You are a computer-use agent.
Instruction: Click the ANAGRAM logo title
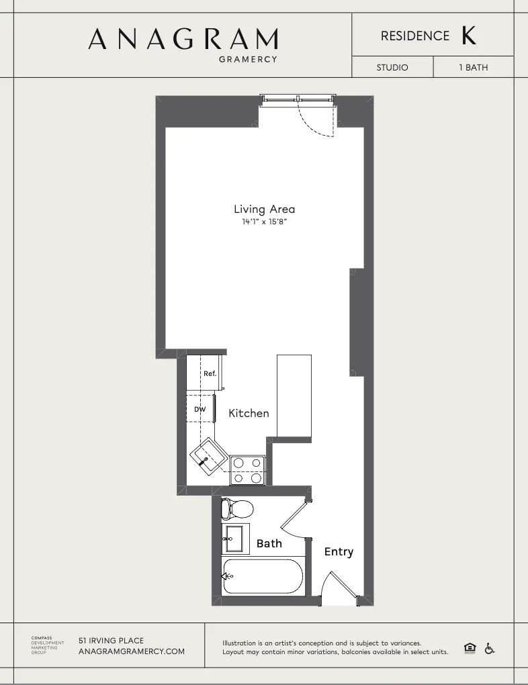pyautogui.click(x=183, y=39)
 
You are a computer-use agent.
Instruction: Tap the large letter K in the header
pyautogui.click(x=468, y=36)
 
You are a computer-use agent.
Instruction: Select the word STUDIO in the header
pyautogui.click(x=392, y=68)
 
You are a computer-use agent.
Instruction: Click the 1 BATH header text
pyautogui.click(x=474, y=68)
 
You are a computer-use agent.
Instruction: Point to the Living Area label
pyautogui.click(x=264, y=209)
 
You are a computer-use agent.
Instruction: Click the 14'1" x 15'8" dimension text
pyautogui.click(x=265, y=222)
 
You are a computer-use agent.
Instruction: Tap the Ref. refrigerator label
pyautogui.click(x=210, y=373)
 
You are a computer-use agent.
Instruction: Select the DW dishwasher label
pyautogui.click(x=200, y=409)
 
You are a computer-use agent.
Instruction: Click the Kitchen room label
pyautogui.click(x=249, y=414)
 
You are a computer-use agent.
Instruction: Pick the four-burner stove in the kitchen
pyautogui.click(x=248, y=470)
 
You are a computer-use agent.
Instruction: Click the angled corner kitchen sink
pyautogui.click(x=208, y=457)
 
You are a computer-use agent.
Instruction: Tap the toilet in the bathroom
pyautogui.click(x=236, y=508)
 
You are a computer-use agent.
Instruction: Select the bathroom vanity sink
pyautogui.click(x=236, y=538)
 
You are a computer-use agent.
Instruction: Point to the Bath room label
pyautogui.click(x=269, y=543)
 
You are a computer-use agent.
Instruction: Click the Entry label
pyautogui.click(x=339, y=551)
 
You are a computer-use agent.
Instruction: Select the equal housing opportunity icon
pyautogui.click(x=470, y=648)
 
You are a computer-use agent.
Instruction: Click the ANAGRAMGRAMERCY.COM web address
pyautogui.click(x=132, y=651)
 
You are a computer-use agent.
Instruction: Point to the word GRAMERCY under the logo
pyautogui.click(x=249, y=59)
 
